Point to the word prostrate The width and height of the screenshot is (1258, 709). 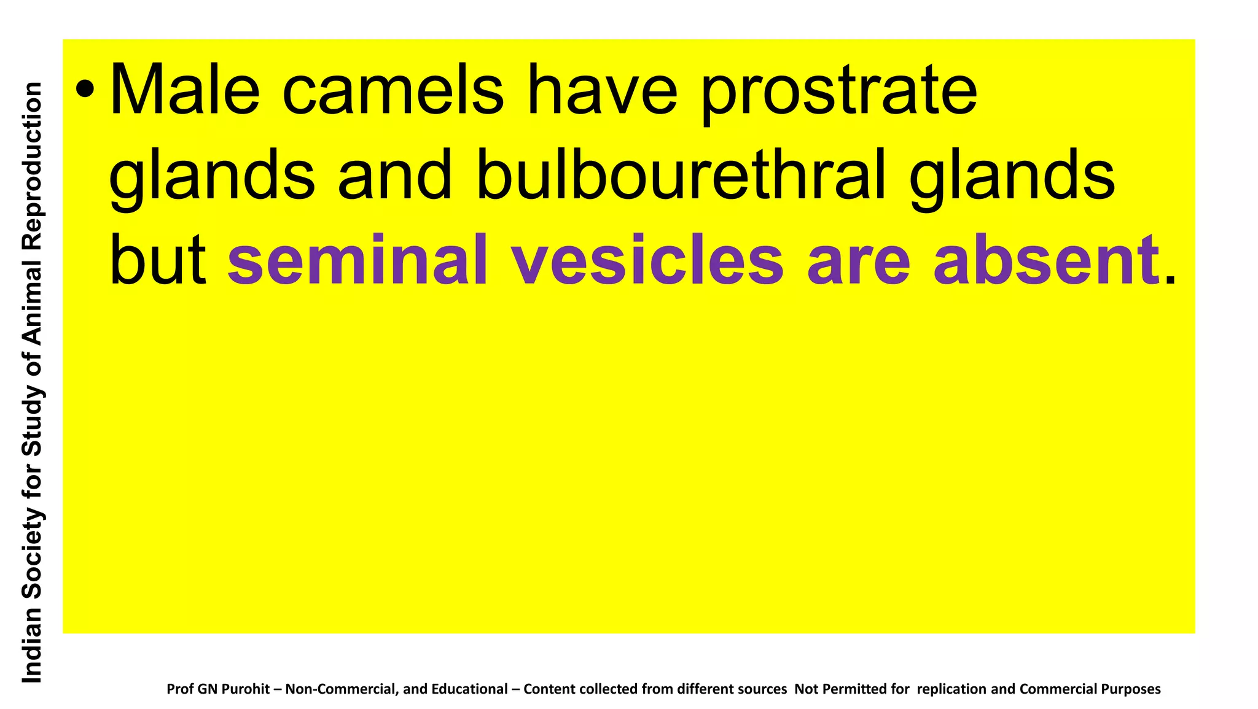[838, 92]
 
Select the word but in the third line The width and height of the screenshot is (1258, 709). [157, 260]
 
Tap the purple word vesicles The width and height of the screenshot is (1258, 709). [648, 260]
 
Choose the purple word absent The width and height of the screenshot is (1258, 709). [1046, 260]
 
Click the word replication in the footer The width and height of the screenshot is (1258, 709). [951, 689]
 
